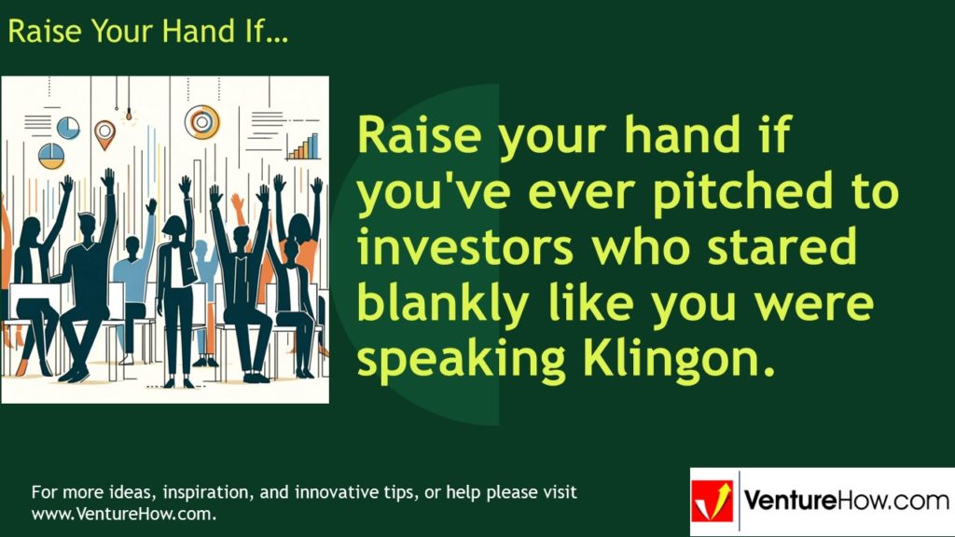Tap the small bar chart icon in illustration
(303, 146)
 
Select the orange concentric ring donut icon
(201, 121)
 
